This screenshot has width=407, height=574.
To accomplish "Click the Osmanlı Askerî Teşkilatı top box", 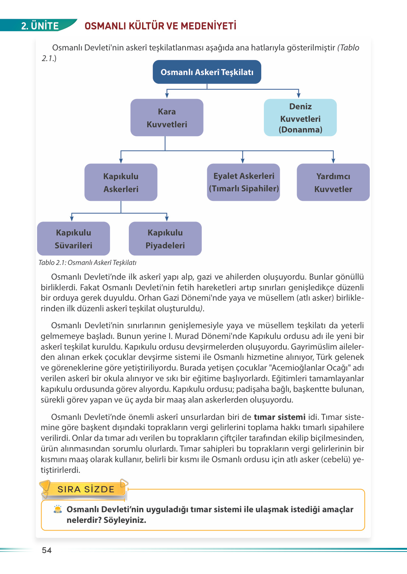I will click(x=207, y=72).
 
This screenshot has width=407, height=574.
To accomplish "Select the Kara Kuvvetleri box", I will click(x=167, y=118).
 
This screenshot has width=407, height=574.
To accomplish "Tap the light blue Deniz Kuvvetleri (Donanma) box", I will click(x=300, y=118).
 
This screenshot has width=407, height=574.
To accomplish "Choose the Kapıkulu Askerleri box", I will click(x=121, y=183).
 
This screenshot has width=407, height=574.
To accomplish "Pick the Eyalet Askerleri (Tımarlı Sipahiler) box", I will click(x=244, y=183).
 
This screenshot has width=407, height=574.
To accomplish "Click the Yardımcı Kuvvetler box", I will click(x=333, y=183).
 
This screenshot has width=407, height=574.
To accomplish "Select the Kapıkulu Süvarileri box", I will click(x=73, y=239).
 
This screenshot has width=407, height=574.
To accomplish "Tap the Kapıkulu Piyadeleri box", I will click(x=165, y=239).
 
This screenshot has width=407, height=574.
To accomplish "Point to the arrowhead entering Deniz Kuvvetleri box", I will click(x=298, y=96).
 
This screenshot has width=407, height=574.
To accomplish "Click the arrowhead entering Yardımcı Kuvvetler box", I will click(x=333, y=161).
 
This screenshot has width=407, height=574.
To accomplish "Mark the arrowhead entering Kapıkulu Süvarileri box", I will click(x=72, y=219).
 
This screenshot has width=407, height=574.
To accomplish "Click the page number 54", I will click(x=47, y=550).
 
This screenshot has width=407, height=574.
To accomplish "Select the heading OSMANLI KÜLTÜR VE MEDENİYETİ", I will click(x=160, y=26).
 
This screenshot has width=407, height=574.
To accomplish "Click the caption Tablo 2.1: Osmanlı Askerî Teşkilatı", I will click(x=88, y=262).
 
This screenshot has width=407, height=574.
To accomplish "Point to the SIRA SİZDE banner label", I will click(x=86, y=489).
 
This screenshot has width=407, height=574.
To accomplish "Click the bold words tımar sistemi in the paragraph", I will click(x=280, y=417).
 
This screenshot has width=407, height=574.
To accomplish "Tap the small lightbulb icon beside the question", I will click(x=58, y=509).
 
